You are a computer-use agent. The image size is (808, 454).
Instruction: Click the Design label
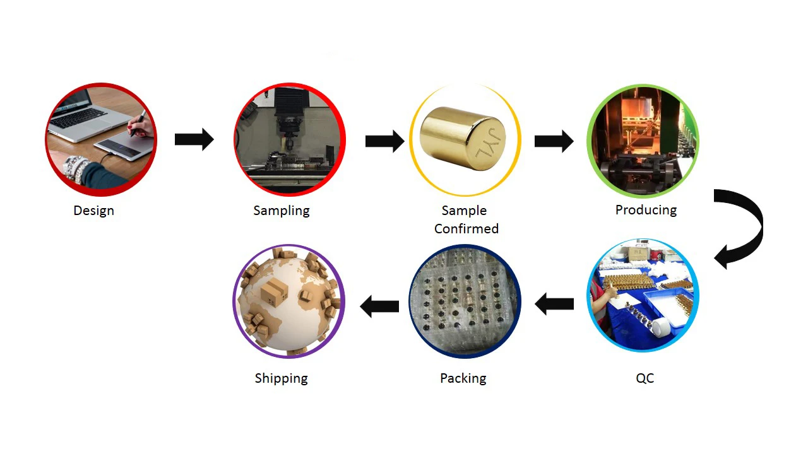93,211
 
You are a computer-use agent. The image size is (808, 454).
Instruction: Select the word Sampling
282,211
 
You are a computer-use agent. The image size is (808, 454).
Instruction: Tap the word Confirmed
466,229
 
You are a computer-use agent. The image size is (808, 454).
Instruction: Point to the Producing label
646,210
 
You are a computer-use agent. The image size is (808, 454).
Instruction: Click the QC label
645,378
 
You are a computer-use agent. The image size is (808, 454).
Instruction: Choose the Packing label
463,378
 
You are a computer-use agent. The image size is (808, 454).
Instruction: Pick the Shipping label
281,378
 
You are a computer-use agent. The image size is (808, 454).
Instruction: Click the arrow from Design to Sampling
194,139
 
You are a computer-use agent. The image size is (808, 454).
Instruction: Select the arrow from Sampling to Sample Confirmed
384,140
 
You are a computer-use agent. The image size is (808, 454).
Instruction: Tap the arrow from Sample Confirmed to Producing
554,141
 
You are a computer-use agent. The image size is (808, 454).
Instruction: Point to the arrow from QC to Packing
554,305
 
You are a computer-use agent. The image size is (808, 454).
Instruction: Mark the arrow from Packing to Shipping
379,306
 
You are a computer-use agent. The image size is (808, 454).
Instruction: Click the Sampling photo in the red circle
289,139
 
